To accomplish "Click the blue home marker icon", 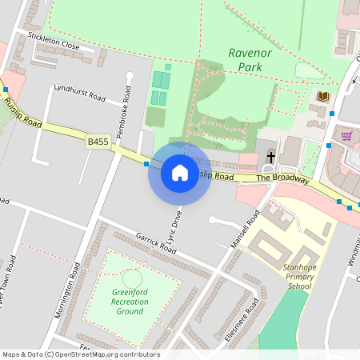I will pos(179,173).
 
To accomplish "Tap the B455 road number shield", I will pos(98,142).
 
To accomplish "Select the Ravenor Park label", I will pos(250,61).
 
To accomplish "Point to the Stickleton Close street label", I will pos(54,41).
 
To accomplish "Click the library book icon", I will pos(323,97).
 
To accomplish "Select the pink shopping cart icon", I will pos(346,136).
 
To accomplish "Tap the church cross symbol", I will pos(271,156).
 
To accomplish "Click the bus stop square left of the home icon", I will pos(146,164).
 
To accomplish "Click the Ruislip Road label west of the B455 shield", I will pos(22,112).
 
